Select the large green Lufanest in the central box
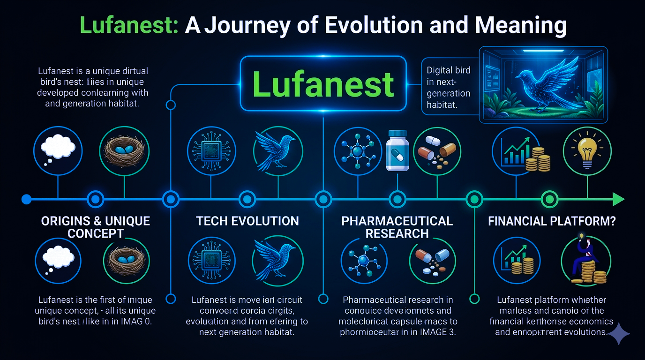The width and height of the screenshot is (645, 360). (323, 84)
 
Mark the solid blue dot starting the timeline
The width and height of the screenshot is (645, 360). (27, 199)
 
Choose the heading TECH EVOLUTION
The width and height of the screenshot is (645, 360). (247, 221)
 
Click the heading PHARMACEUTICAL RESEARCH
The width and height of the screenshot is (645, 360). (397, 227)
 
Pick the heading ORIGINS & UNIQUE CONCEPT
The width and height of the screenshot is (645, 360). (96, 227)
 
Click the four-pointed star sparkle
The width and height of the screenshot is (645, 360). (618, 332)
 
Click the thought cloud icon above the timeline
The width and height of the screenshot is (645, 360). (58, 148)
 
